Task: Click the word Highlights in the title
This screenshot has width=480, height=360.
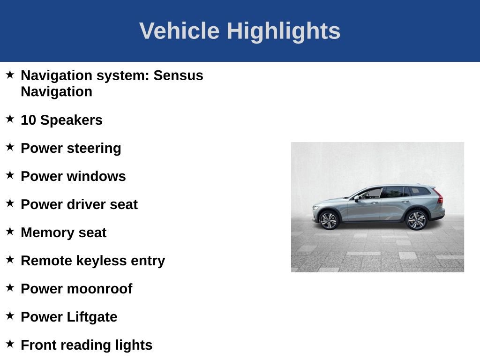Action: tap(284, 31)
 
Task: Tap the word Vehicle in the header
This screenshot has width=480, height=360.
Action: tap(179, 31)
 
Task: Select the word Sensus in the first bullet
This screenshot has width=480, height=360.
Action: tap(179, 75)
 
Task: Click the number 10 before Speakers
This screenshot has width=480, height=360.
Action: tap(28, 120)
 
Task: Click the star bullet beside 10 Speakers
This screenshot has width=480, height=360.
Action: tap(10, 119)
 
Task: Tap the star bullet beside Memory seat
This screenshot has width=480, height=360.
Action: tap(10, 232)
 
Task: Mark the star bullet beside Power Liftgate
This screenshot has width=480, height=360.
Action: tap(10, 316)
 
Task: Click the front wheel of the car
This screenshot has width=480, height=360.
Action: tap(328, 220)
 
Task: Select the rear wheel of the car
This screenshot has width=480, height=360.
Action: tap(416, 220)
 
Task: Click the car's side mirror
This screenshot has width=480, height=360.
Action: tap(357, 198)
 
